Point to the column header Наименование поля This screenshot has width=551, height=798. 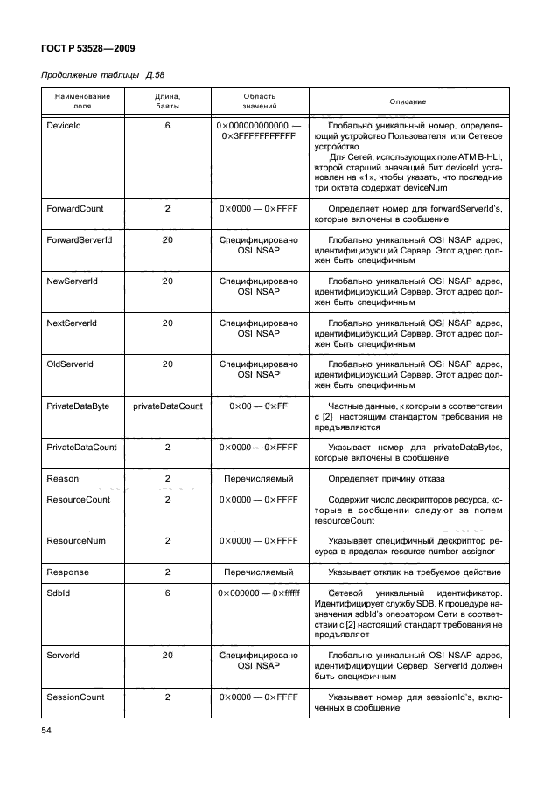[82, 101]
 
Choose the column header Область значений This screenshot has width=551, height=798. [259, 101]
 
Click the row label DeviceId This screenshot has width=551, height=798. [64, 126]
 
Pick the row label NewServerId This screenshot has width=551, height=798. [71, 281]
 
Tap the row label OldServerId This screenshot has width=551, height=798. [69, 364]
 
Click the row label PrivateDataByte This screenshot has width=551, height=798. [79, 406]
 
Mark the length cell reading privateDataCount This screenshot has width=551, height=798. [167, 406]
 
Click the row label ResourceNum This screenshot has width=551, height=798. [75, 541]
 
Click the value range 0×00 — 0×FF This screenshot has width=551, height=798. [259, 406]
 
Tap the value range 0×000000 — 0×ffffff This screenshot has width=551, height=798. [259, 593]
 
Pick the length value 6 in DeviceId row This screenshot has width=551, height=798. [167, 126]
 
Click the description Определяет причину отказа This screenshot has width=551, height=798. [386, 479]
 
